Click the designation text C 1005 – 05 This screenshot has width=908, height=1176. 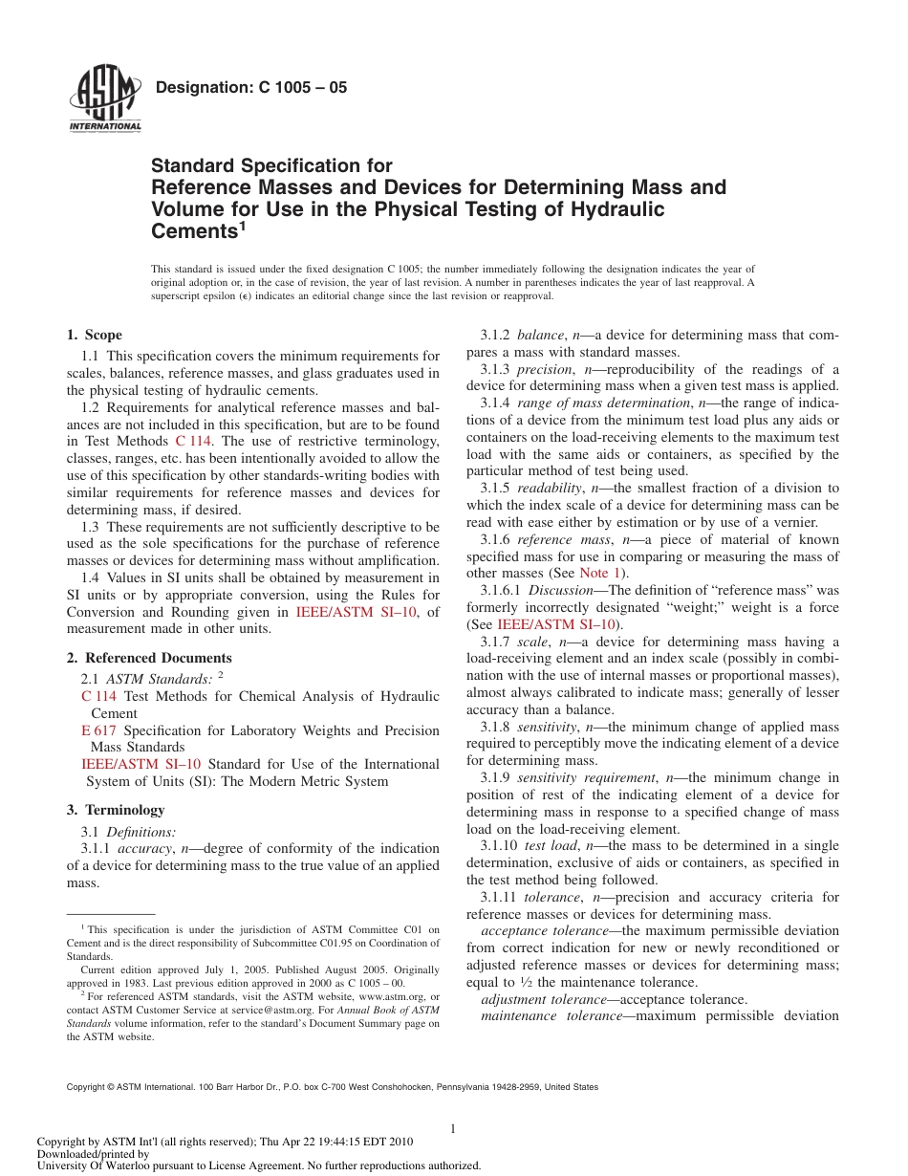tap(250, 88)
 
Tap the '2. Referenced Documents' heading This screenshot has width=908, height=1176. tap(149, 658)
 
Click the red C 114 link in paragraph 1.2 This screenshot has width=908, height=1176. tap(194, 441)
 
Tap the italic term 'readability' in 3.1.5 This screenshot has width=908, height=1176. tap(549, 488)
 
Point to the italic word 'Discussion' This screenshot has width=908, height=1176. tap(560, 590)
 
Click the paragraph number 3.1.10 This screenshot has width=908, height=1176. tap(499, 845)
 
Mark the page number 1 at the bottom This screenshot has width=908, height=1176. tap(453, 1129)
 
